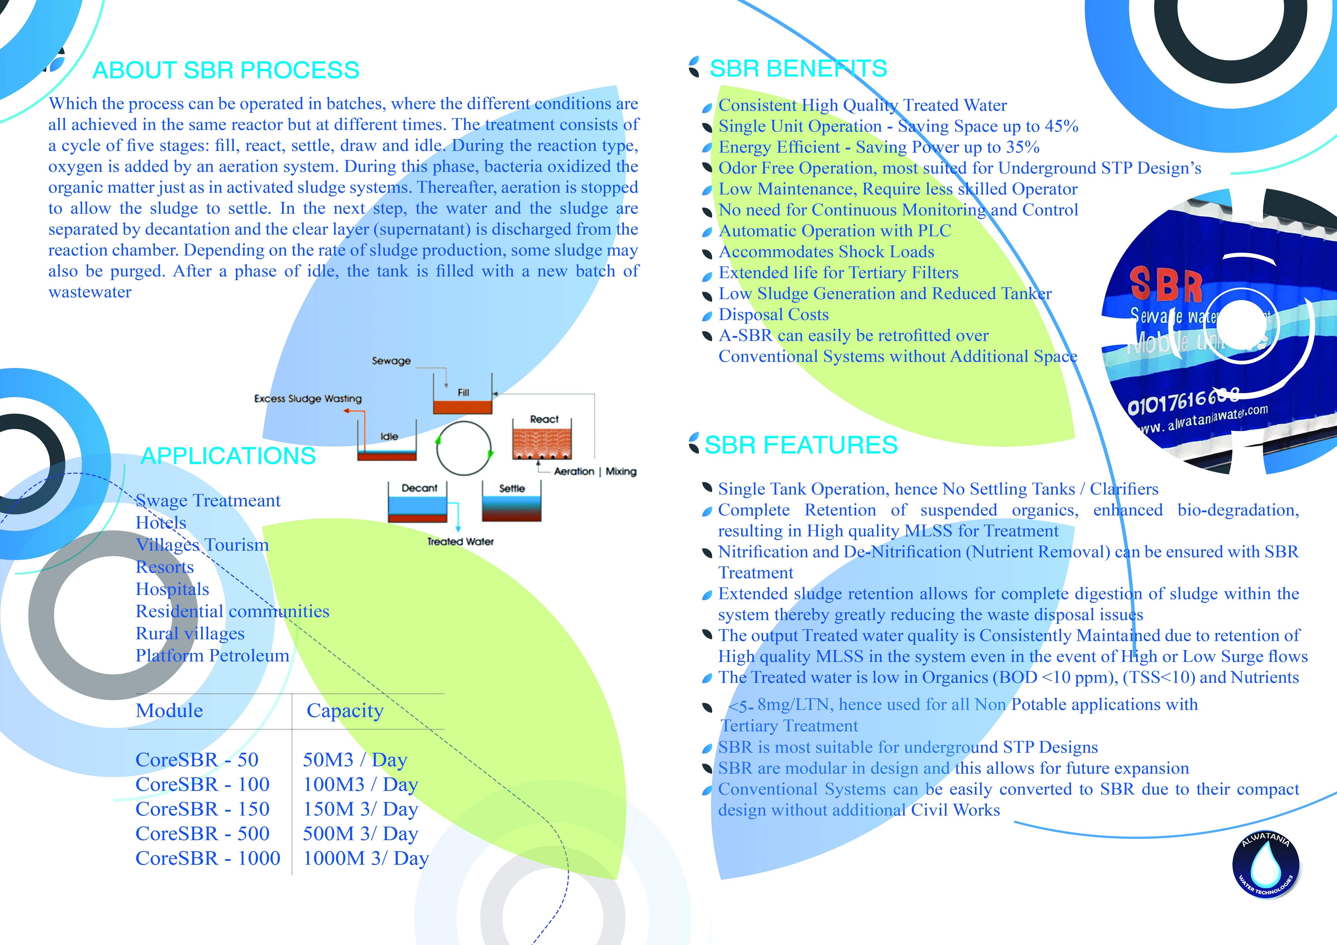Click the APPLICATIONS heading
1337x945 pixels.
(228, 456)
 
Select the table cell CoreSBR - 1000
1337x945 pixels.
(208, 858)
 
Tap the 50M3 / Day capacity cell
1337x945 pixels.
(355, 760)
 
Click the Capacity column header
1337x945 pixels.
(345, 711)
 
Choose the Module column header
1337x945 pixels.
(170, 711)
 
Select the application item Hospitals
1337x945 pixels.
(172, 589)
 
